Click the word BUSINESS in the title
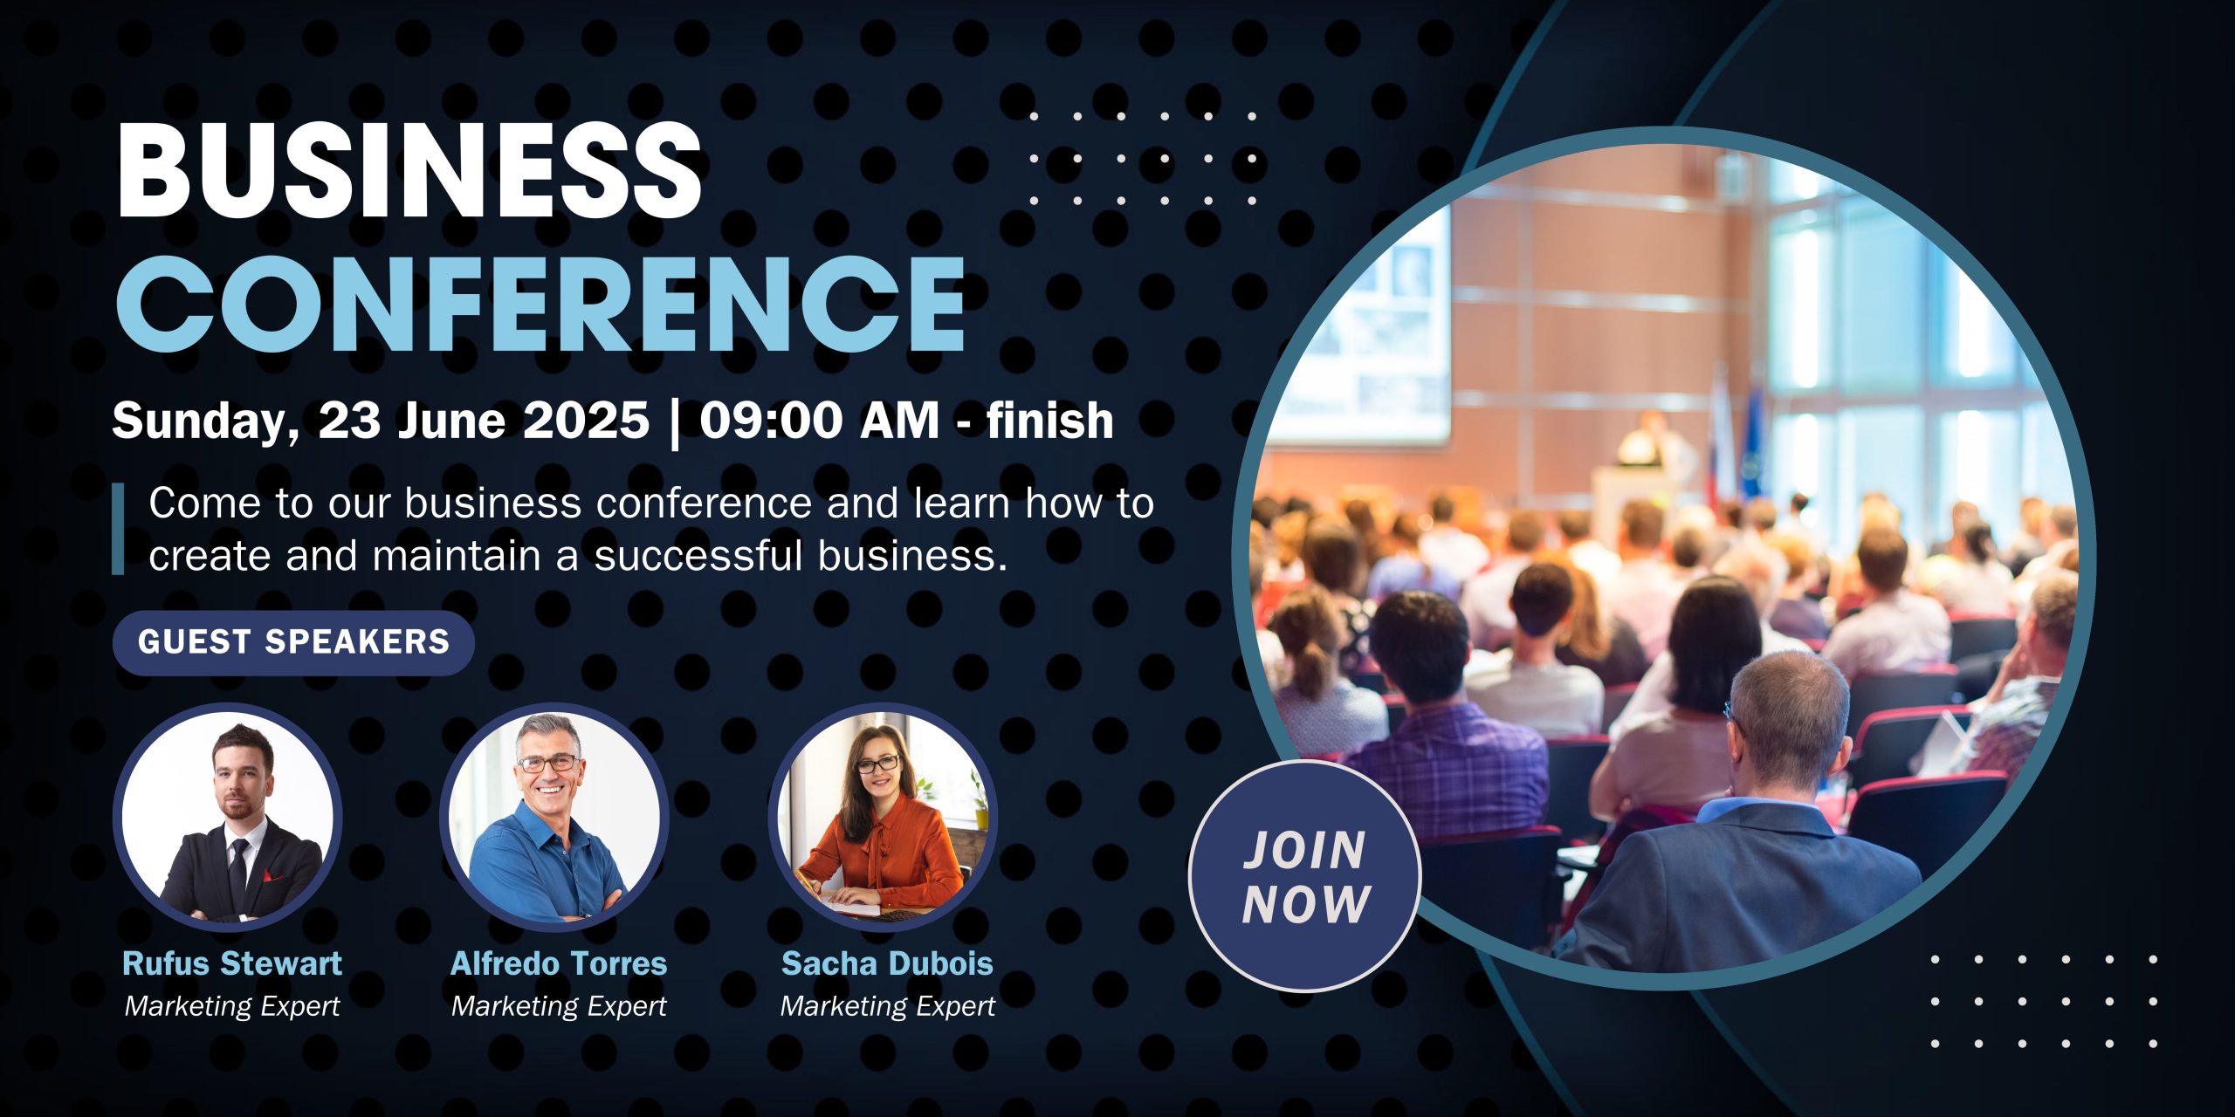409,169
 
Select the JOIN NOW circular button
1305,876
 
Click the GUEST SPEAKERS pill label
293,642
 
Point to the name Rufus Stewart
232,963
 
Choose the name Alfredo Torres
559,963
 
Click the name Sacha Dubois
887,963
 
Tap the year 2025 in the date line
586,421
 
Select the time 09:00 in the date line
771,421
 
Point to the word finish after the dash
1050,421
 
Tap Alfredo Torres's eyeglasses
547,763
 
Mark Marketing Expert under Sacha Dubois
887,1006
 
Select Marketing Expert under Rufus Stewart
232,1006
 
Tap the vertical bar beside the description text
118,529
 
